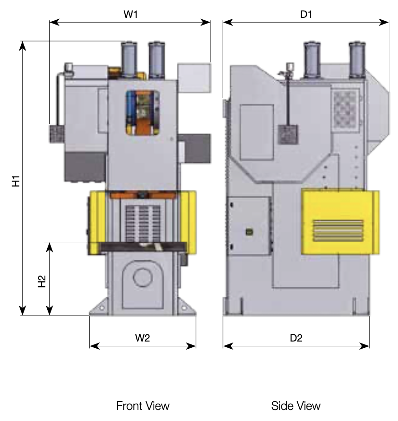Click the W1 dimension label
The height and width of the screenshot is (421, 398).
click(131, 14)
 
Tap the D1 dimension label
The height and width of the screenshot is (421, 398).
click(306, 14)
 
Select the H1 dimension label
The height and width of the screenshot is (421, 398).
click(16, 181)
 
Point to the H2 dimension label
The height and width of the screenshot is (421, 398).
click(42, 281)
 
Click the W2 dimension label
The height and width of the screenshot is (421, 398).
click(142, 338)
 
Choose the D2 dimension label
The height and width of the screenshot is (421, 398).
click(296, 338)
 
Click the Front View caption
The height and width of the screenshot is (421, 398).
click(143, 406)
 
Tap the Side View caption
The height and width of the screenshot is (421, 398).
click(296, 406)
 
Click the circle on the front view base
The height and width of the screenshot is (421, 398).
click(143, 277)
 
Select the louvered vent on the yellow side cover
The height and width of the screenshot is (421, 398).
click(338, 231)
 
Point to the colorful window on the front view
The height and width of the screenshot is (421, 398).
click(143, 113)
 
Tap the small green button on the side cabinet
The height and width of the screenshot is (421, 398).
click(250, 232)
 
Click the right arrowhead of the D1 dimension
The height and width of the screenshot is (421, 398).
click(384, 22)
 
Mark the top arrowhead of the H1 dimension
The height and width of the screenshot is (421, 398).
click(23, 46)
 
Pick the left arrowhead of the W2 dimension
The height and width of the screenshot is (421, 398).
click(94, 346)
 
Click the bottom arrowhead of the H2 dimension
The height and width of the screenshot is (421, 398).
click(50, 310)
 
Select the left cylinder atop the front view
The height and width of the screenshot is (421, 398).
click(129, 60)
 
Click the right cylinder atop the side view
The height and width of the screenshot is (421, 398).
click(357, 60)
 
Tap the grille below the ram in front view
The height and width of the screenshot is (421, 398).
click(143, 224)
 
